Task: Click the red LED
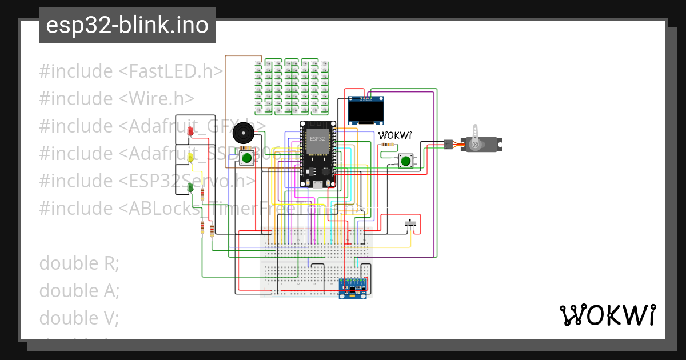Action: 190,131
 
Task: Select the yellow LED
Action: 190,157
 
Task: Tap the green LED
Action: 190,186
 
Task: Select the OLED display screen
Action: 366,111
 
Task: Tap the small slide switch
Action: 410,224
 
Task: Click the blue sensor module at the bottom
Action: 353,288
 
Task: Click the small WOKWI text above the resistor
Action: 395,135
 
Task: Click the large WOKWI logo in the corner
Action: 607,315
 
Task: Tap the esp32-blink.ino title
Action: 127,25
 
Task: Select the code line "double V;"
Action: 79,318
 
